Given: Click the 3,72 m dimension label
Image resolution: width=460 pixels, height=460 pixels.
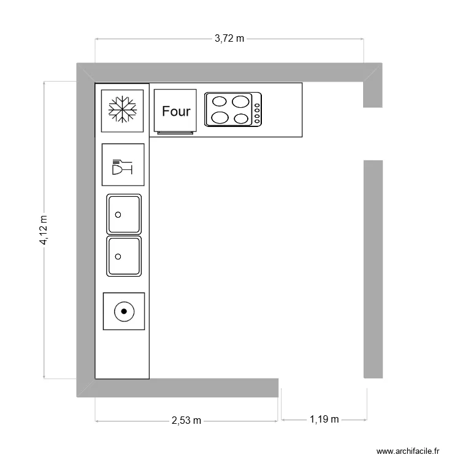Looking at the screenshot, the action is pos(229,39).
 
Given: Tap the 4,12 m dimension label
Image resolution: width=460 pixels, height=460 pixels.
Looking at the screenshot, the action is pos(44,230).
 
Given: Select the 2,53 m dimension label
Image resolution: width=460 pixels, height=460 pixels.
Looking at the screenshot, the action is pos(186,420).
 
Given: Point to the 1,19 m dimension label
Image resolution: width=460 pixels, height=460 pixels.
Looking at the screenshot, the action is pos(324,420).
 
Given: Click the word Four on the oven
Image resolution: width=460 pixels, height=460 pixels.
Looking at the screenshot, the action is pos(176,111).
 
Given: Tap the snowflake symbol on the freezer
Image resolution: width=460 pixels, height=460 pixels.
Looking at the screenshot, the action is pos(122,109).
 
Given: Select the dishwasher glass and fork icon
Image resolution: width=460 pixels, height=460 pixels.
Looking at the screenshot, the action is pos(122,167).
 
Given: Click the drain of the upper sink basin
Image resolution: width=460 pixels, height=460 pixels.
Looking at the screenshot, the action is pos(118,215).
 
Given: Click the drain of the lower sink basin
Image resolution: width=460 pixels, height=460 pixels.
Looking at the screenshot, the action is pos(118,257).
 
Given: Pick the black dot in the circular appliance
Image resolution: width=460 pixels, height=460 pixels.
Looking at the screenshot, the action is pos(124,311).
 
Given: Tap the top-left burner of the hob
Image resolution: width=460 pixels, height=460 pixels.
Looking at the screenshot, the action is pos(220,101).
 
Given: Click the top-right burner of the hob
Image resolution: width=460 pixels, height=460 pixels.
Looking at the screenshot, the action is pos(240,102).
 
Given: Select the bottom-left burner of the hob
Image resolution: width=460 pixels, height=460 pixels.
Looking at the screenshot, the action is pos(220,118).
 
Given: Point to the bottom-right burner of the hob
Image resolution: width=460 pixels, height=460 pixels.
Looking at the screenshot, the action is pos(242,118).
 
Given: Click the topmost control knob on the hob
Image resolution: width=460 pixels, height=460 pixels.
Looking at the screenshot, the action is pos(257,105).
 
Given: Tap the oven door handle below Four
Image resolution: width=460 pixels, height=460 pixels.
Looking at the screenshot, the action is pos(175,133).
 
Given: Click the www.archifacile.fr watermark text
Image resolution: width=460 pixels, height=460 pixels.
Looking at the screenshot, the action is pos(408,451).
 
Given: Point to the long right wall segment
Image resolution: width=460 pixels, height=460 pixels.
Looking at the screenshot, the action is pos(373,269).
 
